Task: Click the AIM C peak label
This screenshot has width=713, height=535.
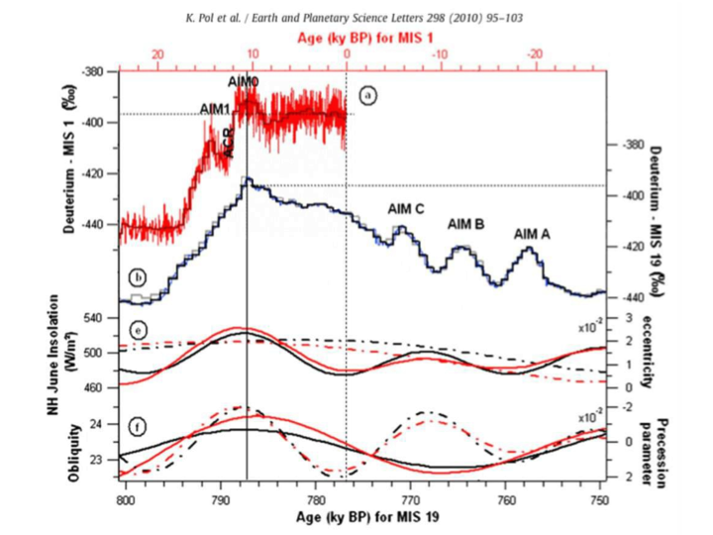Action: point(406,208)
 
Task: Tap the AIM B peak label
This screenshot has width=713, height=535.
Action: point(465,224)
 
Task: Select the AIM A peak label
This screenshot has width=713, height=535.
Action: point(532,234)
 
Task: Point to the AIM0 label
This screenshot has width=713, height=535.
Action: point(244,81)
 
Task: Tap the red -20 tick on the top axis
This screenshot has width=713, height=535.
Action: point(536,55)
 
